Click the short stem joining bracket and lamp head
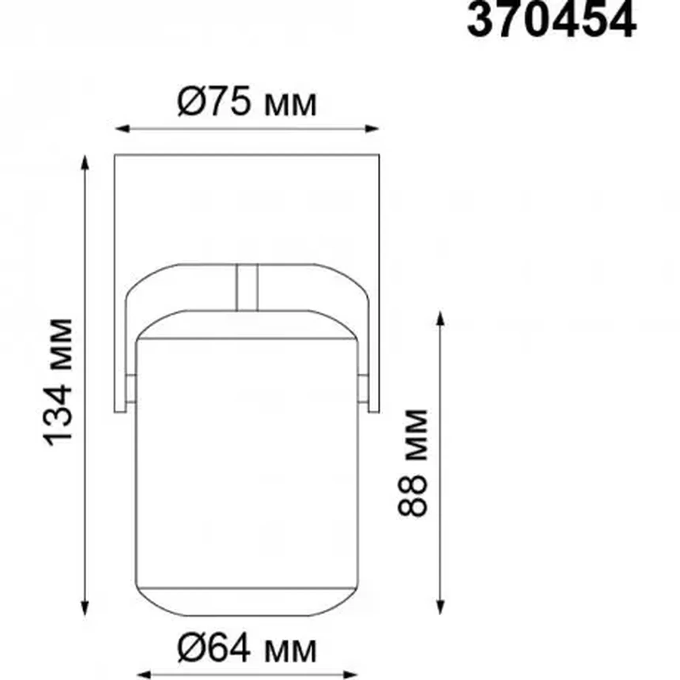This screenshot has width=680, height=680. (x=247, y=287)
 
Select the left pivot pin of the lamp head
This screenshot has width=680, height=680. (x=131, y=389)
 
